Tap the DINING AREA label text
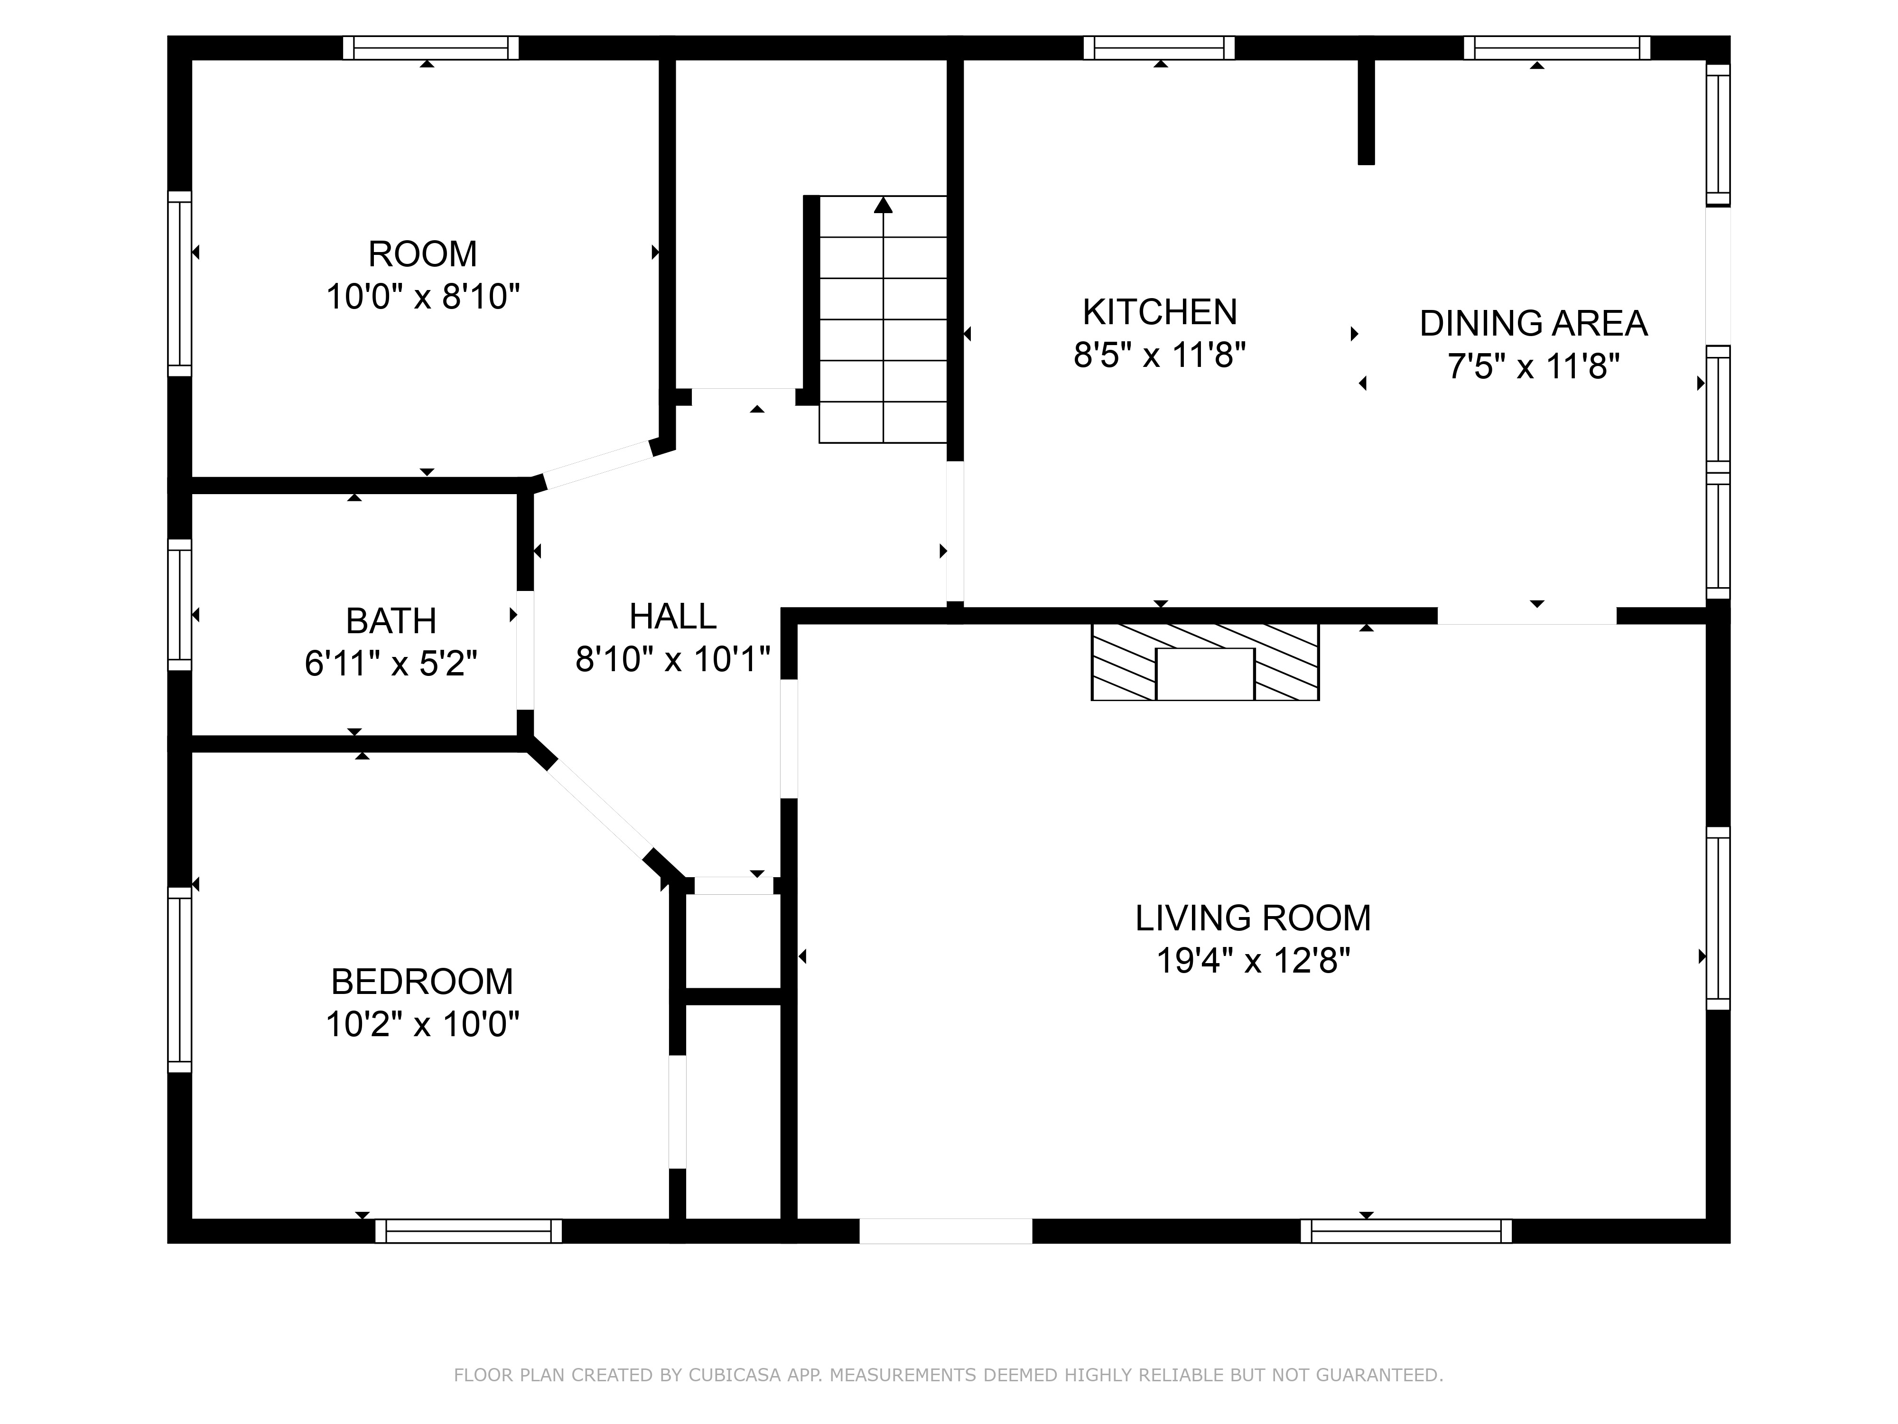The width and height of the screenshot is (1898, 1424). point(1533,324)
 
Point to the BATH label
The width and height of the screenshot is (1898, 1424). point(391,620)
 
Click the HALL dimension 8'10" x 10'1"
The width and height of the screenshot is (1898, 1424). point(673,659)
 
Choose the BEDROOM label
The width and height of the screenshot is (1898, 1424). point(422,981)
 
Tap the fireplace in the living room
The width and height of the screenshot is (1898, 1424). point(1205,662)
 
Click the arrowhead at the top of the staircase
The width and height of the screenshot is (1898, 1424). point(883,205)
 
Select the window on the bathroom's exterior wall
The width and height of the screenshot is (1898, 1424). point(179,605)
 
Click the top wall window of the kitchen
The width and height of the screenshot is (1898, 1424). point(1159,48)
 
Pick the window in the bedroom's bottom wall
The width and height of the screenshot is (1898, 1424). point(468,1231)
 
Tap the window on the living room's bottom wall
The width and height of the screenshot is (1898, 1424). point(1406,1231)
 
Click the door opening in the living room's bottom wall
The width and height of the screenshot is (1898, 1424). point(946,1231)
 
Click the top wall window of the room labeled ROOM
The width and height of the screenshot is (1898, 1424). point(431,48)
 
